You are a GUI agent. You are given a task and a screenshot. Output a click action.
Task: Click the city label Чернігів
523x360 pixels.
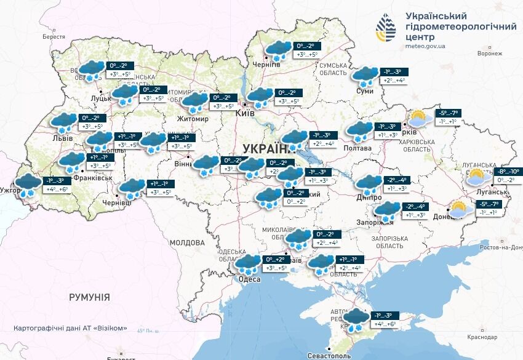pyautogui.click(x=266, y=64)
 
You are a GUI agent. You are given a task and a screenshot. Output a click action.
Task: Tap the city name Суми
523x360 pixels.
pyautogui.click(x=365, y=91)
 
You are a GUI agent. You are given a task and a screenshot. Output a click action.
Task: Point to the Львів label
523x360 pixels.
pyautogui.click(x=62, y=138)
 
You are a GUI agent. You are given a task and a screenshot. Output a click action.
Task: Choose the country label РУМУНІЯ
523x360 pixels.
pyautogui.click(x=89, y=297)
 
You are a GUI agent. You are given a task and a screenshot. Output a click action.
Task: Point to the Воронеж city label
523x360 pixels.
pyautogui.click(x=490, y=54)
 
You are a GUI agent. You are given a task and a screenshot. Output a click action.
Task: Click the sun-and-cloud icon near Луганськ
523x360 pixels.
pyautogui.click(x=477, y=177)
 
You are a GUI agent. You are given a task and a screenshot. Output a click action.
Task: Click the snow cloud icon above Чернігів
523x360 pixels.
pyautogui.click(x=278, y=49)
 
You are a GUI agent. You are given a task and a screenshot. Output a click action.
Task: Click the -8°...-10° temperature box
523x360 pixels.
pyautogui.click(x=508, y=172)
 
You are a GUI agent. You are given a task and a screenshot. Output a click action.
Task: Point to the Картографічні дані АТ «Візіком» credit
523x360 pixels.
pyautogui.click(x=70, y=328)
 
